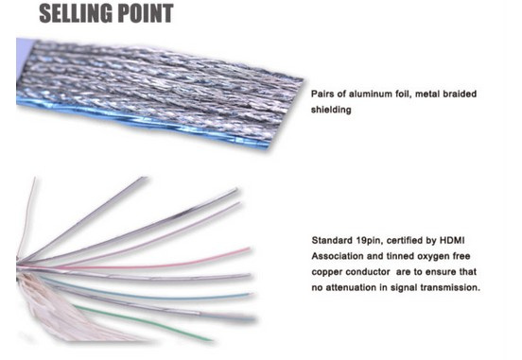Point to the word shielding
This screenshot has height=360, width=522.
[331, 110]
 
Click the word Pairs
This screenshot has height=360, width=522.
[322, 94]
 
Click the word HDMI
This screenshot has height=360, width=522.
[452, 240]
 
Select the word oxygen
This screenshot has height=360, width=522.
[434, 256]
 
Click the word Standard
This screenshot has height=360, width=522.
[332, 240]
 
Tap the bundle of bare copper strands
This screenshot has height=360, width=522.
[50, 306]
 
